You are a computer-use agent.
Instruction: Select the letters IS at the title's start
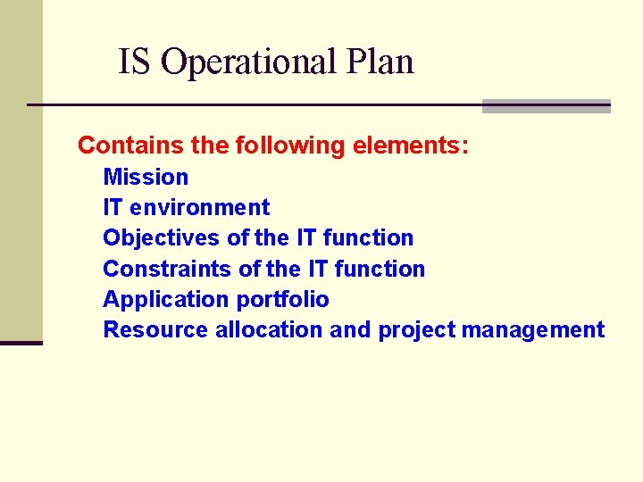[135, 62]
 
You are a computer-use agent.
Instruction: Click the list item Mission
[146, 177]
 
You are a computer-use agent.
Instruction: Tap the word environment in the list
[199, 207]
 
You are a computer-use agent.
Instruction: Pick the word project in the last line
[416, 330]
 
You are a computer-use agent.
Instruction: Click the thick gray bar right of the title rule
[546, 106]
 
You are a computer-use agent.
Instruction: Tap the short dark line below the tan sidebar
[21, 343]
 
